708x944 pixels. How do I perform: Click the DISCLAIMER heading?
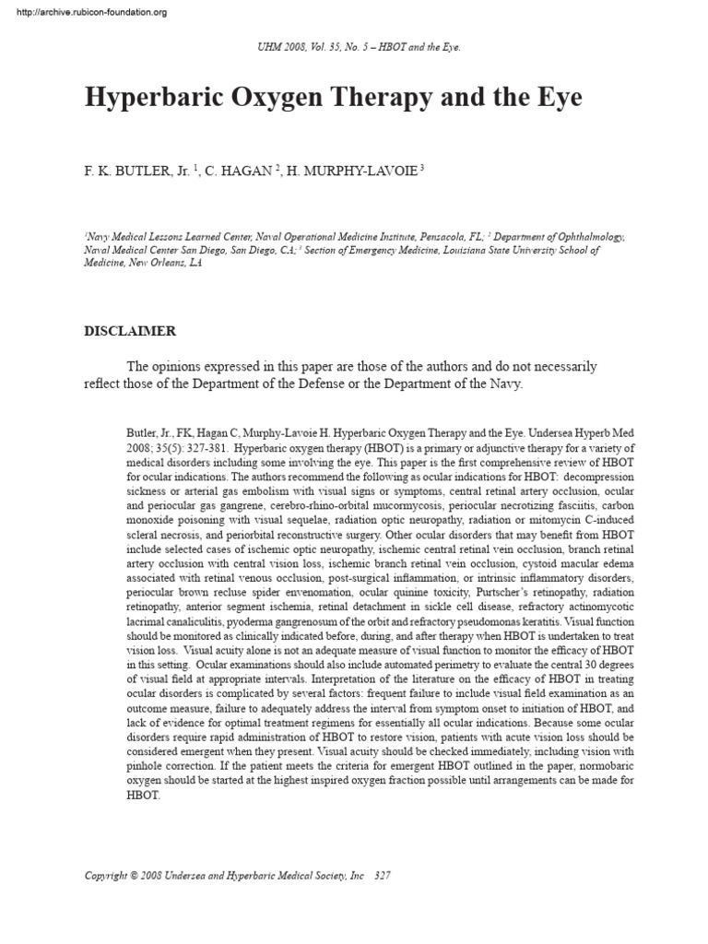coord(130,330)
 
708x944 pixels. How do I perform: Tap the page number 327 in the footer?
coord(383,875)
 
